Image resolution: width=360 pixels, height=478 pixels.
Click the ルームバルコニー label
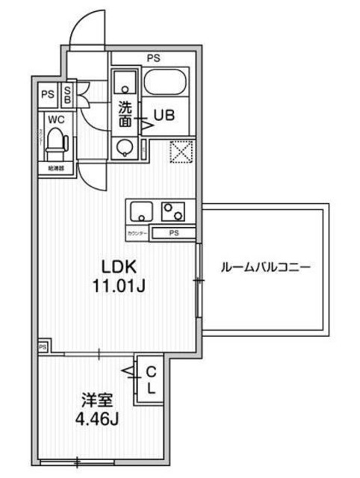click(265, 267)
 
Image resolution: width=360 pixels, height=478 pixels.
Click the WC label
click(55, 119)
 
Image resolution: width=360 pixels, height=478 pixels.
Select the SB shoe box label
click(67, 94)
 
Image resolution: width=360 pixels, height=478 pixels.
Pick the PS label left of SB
click(48, 94)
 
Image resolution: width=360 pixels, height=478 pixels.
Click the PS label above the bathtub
click(153, 56)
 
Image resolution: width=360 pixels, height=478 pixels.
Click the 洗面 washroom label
click(124, 113)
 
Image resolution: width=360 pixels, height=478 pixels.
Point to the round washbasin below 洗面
click(124, 148)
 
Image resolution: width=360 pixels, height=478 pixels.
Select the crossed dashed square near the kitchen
click(182, 152)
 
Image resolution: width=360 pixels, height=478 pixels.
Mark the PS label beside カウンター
click(173, 233)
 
